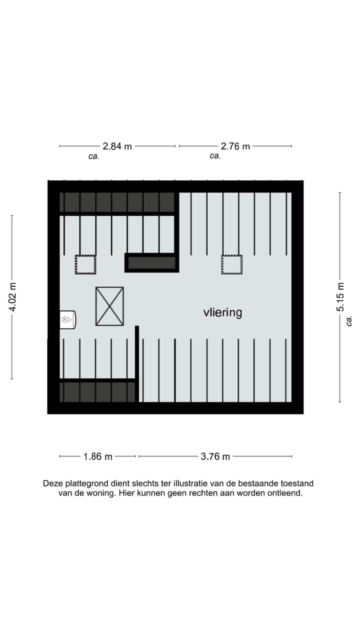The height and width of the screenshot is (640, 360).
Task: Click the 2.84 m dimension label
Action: pyautogui.click(x=117, y=146)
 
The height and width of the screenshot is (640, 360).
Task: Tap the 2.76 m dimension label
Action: pyautogui.click(x=235, y=146)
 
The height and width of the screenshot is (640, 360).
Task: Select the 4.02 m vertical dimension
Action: pyautogui.click(x=12, y=297)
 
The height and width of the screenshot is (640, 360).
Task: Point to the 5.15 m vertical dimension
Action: pyautogui.click(x=340, y=297)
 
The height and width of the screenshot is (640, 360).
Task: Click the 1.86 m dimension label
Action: pyautogui.click(x=97, y=456)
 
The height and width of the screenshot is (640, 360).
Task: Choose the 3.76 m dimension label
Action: pyautogui.click(x=215, y=456)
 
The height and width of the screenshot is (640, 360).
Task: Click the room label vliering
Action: pyautogui.click(x=222, y=312)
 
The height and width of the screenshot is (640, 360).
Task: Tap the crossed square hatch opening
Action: pyautogui.click(x=109, y=306)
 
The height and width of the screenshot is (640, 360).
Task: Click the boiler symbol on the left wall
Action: pyautogui.click(x=67, y=319)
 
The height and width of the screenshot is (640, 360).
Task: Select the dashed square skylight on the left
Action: pyautogui.click(x=85, y=264)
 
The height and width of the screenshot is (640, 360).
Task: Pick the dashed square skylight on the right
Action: pyautogui.click(x=231, y=264)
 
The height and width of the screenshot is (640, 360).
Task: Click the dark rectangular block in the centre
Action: pyautogui.click(x=151, y=263)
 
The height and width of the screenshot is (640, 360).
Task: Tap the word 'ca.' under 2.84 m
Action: pyautogui.click(x=93, y=156)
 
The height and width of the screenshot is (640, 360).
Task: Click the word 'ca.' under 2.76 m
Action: pyautogui.click(x=215, y=156)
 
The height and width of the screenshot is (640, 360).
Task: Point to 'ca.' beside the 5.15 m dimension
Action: pyautogui.click(x=349, y=320)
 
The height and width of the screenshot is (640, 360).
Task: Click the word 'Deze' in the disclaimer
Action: pyautogui.click(x=52, y=483)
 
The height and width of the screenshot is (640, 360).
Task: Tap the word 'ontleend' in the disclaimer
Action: pyautogui.click(x=286, y=493)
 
